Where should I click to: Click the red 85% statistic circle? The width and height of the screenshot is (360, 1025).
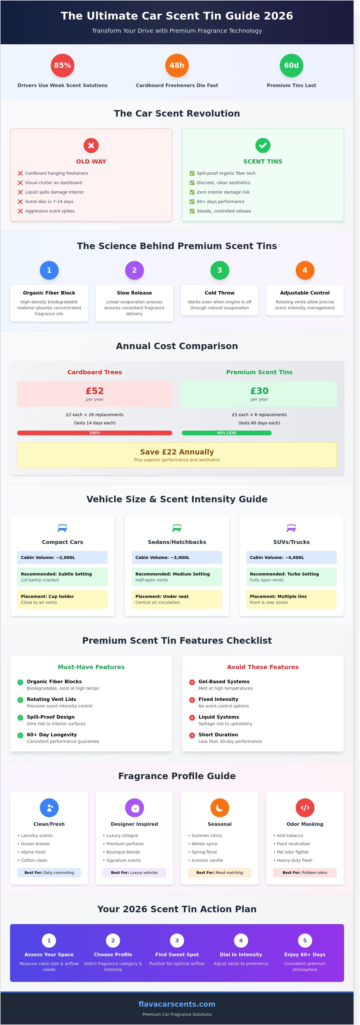(63, 65)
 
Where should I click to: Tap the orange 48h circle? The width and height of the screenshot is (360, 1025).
(177, 65)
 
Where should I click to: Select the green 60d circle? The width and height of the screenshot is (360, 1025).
(292, 65)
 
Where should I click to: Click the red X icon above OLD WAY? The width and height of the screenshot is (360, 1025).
(91, 145)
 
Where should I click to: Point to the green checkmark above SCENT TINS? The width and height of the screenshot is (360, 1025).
(263, 145)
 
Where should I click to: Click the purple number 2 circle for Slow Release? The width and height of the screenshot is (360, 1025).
(135, 270)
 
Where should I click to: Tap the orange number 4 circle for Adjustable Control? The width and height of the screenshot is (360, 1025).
(305, 270)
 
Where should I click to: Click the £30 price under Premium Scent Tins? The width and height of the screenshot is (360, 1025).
(259, 391)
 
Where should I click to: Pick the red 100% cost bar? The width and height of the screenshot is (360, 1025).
(95, 433)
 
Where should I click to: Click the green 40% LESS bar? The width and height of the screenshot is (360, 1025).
(227, 433)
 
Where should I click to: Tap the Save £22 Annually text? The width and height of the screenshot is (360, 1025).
(177, 452)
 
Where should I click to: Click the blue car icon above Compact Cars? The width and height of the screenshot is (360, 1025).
(63, 528)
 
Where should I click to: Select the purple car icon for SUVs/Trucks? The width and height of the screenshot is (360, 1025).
(292, 528)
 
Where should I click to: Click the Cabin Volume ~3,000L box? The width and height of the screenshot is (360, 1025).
(177, 558)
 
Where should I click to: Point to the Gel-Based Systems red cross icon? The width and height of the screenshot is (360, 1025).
(192, 682)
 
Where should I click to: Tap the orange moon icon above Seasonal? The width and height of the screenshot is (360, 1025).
(220, 808)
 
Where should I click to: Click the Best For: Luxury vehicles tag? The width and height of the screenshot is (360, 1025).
(135, 873)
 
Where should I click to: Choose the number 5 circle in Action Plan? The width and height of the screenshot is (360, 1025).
(305, 940)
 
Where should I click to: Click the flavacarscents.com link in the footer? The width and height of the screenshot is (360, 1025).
(177, 1004)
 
